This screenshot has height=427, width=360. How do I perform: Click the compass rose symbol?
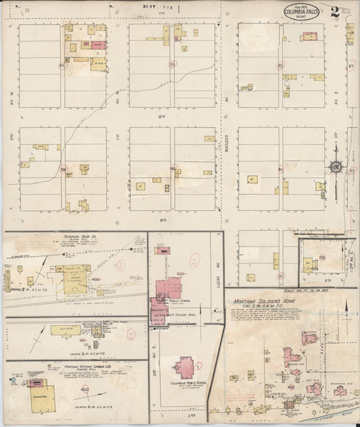click(336, 167)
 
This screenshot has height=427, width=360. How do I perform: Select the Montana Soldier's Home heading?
click(264, 301)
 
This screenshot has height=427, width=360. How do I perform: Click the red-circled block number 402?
click(85, 390)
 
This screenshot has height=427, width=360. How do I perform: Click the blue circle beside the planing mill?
click(12, 380)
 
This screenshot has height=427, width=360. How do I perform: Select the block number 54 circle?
click(61, 66)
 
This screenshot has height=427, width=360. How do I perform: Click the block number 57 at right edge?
click(351, 66)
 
